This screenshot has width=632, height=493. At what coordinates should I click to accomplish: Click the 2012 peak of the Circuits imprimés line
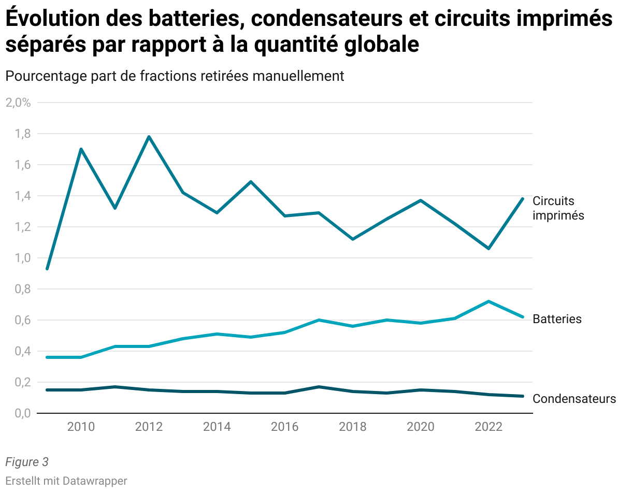tap(149, 137)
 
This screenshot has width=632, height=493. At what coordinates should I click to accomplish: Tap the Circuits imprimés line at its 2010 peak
tap(81, 149)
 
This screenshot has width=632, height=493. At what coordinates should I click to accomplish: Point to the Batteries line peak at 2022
tap(489, 301)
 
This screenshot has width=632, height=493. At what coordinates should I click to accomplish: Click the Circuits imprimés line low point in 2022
tap(489, 249)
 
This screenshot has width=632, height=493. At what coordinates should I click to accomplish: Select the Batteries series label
tap(557, 319)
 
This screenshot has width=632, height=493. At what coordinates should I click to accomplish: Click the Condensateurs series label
tap(574, 399)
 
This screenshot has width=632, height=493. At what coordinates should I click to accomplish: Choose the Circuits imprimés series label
tap(558, 208)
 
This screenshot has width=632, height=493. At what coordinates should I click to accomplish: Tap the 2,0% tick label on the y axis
tap(18, 103)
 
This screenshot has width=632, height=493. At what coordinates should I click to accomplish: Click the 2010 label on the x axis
tap(81, 427)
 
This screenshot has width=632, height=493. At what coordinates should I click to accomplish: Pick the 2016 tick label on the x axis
tap(285, 427)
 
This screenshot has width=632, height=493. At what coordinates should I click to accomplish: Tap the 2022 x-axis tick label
tap(489, 427)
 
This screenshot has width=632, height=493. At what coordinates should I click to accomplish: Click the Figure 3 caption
tap(26, 462)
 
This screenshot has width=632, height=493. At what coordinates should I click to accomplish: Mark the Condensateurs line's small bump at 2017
tap(319, 387)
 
